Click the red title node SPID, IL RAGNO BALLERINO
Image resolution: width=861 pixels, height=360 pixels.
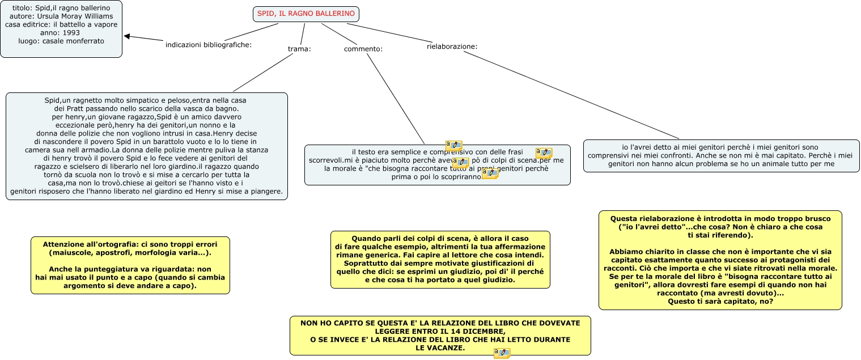coord(306,14)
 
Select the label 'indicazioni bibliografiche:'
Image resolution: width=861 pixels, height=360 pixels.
coord(208,45)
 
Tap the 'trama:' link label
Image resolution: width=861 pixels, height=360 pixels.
coord(299,49)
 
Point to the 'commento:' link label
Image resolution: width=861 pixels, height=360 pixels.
coord(363,49)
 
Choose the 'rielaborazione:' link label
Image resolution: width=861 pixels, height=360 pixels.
coord(452,46)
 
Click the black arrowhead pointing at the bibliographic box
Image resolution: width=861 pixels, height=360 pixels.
coord(128,37)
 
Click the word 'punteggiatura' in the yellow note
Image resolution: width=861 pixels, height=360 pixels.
coord(120,269)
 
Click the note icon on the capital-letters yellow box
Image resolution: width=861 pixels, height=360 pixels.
coord(502,353)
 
